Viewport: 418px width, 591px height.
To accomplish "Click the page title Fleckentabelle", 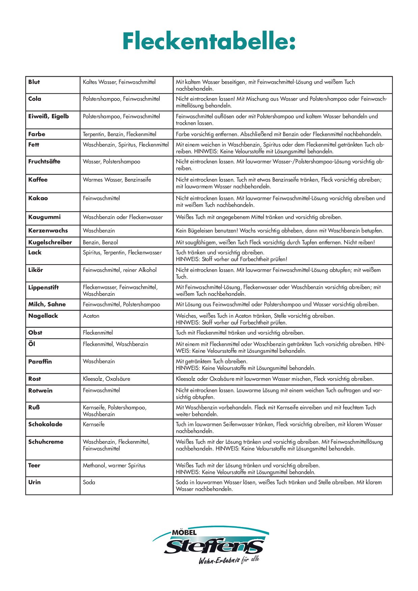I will [209, 41].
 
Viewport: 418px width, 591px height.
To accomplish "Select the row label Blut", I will [34, 82].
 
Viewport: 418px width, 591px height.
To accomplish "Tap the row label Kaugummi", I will [44, 217].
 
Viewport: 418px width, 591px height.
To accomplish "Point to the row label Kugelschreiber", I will [50, 242].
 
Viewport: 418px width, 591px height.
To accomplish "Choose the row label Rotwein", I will [40, 391].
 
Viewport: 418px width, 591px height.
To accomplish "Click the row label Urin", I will [34, 482].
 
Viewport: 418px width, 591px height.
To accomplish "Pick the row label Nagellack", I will [43, 316].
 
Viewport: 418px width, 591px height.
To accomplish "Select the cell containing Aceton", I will [91, 316].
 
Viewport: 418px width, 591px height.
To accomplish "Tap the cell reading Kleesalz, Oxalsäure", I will [107, 379].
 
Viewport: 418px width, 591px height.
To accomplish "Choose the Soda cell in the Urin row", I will [89, 482].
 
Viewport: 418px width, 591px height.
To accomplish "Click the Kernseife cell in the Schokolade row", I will [94, 424].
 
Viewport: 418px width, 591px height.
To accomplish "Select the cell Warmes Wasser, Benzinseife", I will [117, 180].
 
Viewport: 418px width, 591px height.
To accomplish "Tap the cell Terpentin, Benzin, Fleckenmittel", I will [120, 134].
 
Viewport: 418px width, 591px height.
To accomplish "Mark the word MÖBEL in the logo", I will [184, 533].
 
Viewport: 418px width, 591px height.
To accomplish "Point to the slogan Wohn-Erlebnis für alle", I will [229, 560].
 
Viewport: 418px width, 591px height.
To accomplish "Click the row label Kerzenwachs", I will [48, 230].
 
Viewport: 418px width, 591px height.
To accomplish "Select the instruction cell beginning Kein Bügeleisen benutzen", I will [279, 230].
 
